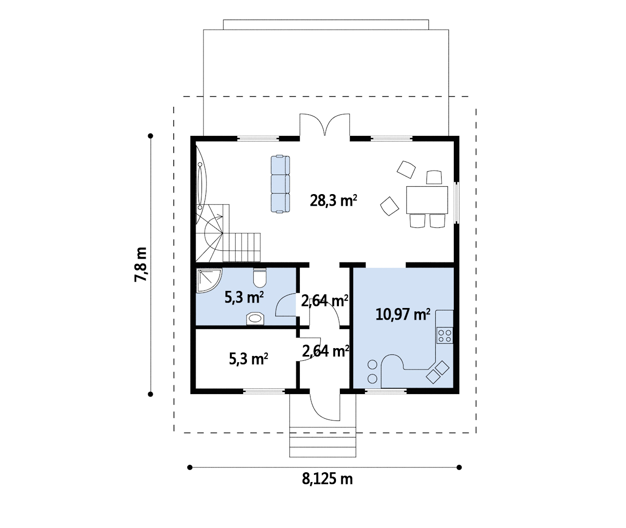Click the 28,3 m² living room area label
[x=334, y=200]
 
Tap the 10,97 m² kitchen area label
[x=402, y=314]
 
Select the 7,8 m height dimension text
[x=141, y=264]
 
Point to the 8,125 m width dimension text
[x=327, y=479]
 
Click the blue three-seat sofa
[x=280, y=184]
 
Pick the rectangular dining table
[x=427, y=200]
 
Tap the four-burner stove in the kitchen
[x=445, y=335]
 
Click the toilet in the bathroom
[x=260, y=277]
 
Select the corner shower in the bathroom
[x=209, y=280]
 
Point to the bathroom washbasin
[x=255, y=319]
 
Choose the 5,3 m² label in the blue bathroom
[x=244, y=297]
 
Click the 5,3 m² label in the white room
[x=248, y=359]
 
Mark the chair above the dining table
[x=434, y=177]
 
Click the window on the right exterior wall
[x=456, y=202]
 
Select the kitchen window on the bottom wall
[x=386, y=391]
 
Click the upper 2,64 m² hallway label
[x=325, y=301]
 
